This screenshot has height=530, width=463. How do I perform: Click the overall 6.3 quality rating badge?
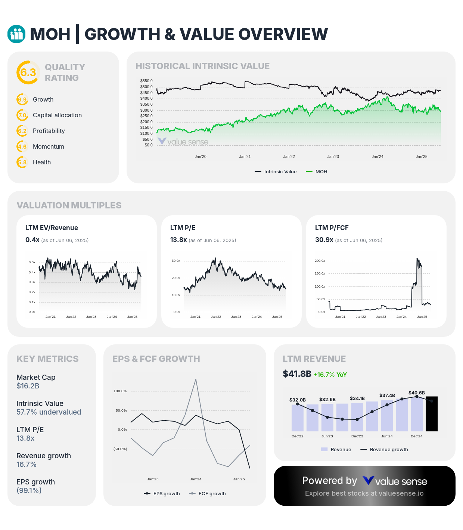pos(28,72)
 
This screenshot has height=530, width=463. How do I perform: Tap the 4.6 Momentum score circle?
pos(22,147)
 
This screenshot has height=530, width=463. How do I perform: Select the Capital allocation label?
pos(57,115)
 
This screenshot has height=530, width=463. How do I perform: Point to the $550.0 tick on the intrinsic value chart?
pos(146,81)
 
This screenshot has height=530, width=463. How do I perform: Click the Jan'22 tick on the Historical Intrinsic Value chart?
pos(289,157)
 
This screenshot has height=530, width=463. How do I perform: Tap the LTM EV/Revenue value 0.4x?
pos(32,240)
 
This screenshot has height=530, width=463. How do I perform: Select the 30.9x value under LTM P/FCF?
pos(324,240)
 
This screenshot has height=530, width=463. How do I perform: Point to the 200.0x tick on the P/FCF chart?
pos(320,261)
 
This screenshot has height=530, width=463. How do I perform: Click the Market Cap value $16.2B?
pos(28,386)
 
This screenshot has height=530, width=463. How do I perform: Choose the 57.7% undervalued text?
pos(49,412)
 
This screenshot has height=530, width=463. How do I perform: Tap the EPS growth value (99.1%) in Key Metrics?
pos(29,491)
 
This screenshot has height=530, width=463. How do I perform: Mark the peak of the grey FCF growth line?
pos(196,379)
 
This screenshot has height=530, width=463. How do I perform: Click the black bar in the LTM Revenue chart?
pos(432,414)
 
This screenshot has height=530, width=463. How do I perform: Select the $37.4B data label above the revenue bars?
pos(387,396)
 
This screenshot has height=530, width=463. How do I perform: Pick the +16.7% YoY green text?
pos(330,375)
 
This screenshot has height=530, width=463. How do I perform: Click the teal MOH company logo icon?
pos(16,34)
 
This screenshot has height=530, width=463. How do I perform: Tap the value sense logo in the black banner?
pos(395,481)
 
